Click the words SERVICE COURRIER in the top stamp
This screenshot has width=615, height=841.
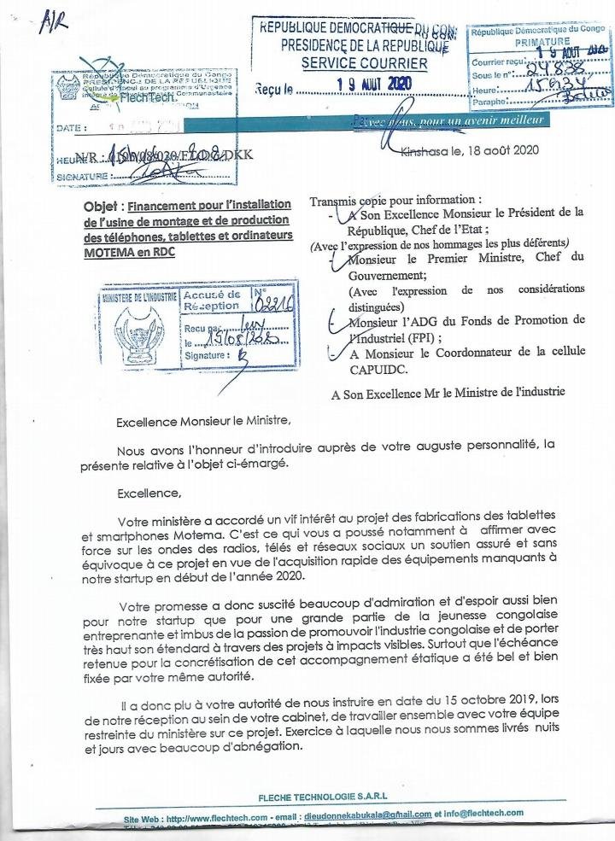click(365, 63)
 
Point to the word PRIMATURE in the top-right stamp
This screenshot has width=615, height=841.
click(542, 41)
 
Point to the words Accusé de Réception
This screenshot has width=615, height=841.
click(213, 300)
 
